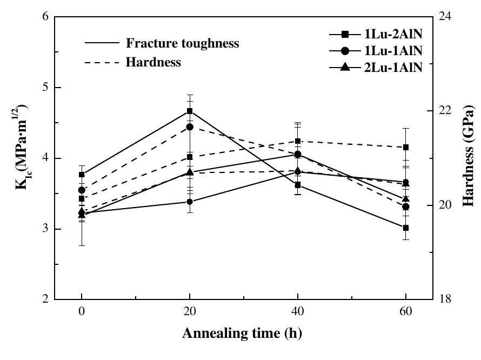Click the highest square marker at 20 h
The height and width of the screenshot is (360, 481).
(x=190, y=111)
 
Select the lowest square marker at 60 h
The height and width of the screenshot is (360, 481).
(x=406, y=228)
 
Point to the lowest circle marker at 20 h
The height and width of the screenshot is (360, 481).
(x=190, y=202)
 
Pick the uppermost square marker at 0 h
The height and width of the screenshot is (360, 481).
(x=82, y=175)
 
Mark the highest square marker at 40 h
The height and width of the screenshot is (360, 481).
(x=298, y=141)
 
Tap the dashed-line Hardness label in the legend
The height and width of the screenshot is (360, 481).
(x=153, y=62)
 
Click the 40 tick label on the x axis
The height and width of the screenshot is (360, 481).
(x=298, y=313)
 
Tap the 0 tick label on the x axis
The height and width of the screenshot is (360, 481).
(x=82, y=313)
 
